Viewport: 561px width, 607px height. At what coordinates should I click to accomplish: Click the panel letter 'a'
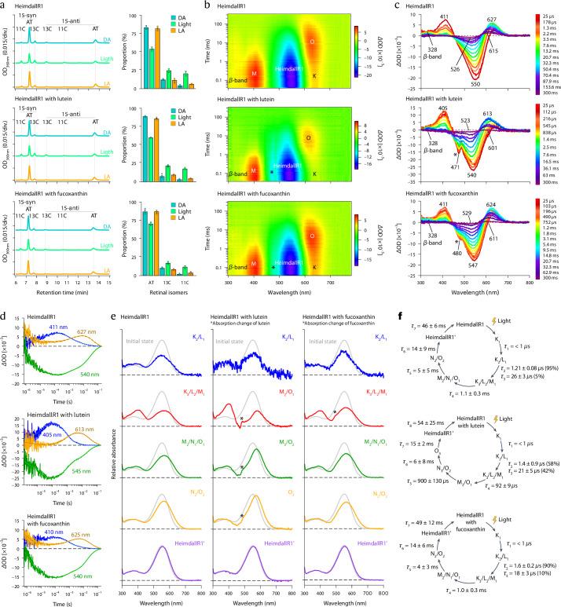[5, 5]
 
